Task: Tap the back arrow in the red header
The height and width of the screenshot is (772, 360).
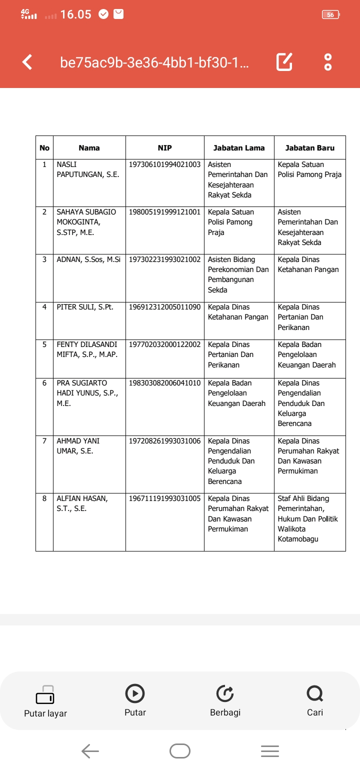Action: tap(27, 62)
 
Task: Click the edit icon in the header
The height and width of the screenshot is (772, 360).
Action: tap(284, 62)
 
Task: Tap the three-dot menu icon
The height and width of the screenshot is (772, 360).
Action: tap(328, 62)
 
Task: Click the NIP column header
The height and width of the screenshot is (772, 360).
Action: tap(164, 147)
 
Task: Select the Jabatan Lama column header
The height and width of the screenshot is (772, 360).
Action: tap(239, 147)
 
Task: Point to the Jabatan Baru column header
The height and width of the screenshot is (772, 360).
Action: tap(309, 147)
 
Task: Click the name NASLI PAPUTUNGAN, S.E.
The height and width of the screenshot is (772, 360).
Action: tap(87, 169)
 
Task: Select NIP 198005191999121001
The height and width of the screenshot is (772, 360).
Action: tap(164, 212)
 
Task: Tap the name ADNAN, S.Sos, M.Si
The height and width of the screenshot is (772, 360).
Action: tap(88, 259)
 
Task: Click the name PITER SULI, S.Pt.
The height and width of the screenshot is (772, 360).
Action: tap(85, 307)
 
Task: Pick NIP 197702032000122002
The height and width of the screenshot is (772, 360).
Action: tap(164, 344)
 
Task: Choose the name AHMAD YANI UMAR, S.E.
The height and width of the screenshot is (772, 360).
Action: tap(78, 446)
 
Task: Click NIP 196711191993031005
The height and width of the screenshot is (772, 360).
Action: tap(164, 498)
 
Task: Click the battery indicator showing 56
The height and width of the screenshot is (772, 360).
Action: tap(331, 15)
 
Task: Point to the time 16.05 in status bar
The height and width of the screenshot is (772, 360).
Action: tap(75, 14)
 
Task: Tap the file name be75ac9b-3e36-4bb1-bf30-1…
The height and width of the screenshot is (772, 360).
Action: tap(155, 63)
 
